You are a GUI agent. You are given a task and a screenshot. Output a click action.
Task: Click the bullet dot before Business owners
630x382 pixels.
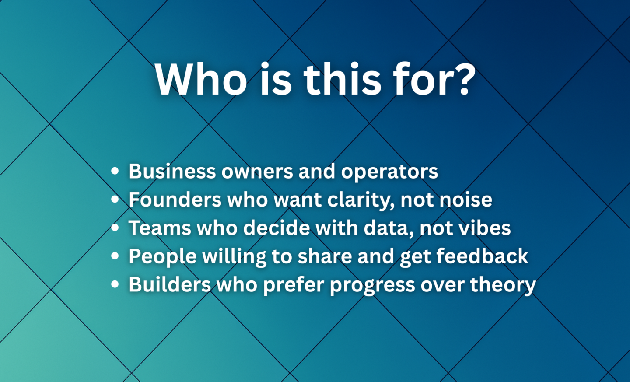click(115, 171)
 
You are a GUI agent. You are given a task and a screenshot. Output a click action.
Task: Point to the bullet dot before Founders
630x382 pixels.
click(115, 199)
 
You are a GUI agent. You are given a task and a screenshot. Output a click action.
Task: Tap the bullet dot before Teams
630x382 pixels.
click(115, 228)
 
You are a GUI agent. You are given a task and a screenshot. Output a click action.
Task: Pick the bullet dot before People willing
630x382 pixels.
click(115, 256)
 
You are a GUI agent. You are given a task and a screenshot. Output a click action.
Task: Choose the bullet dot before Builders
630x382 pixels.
click(115, 284)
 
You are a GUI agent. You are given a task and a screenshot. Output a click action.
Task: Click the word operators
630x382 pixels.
click(389, 172)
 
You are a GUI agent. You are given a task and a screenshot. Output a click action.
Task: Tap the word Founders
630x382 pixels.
click(175, 200)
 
